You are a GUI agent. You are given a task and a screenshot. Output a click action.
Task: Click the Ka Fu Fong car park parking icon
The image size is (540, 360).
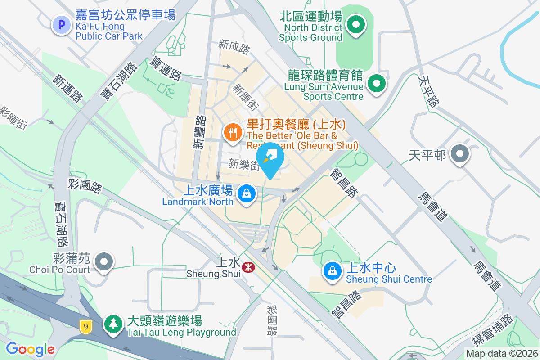click(62, 25)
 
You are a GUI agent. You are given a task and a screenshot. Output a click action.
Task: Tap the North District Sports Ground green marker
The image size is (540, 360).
click(356, 25)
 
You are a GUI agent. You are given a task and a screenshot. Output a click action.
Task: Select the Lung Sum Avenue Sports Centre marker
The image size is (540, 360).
click(377, 84)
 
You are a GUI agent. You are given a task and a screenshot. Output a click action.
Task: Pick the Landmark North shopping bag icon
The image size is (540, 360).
click(246, 194)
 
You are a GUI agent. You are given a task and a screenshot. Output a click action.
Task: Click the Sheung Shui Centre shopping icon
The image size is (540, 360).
click(332, 271)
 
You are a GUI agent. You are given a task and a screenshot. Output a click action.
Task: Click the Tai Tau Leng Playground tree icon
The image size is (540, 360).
click(112, 324)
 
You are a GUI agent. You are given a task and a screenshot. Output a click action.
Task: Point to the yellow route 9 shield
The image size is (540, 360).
click(85, 326)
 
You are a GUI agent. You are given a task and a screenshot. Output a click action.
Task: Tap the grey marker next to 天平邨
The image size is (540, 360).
click(459, 154)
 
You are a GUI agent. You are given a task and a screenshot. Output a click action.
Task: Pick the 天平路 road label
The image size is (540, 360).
click(428, 91)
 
